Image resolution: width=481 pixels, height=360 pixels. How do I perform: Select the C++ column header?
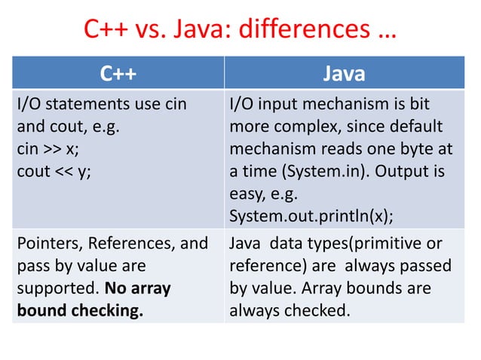(118, 75)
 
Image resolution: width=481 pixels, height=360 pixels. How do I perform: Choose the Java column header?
(344, 75)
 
